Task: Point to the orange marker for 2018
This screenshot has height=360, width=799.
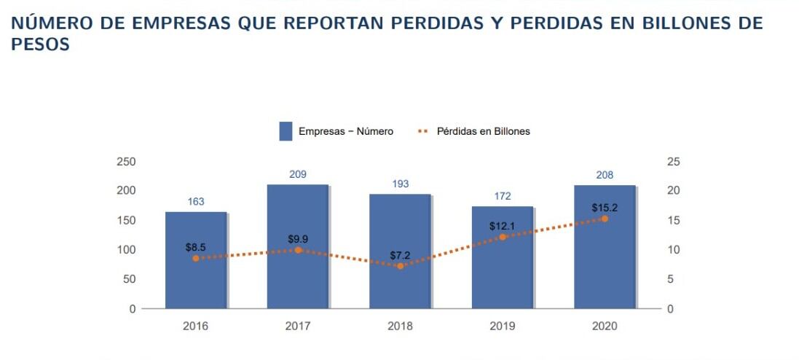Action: (x=400, y=266)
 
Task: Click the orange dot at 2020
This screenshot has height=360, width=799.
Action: (x=605, y=219)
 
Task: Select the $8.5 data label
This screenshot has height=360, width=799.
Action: (x=195, y=247)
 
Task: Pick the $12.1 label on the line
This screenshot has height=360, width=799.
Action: (x=502, y=225)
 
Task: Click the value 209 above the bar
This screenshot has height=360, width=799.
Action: (x=297, y=174)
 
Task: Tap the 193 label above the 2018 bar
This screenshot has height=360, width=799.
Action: (x=400, y=184)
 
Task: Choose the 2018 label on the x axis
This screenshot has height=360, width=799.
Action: (x=400, y=326)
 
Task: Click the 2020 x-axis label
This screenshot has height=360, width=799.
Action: (x=605, y=326)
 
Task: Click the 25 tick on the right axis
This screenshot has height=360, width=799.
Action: (x=673, y=161)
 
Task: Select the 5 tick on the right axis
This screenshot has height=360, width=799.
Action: (x=670, y=279)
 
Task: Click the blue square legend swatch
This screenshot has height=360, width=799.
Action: (x=286, y=131)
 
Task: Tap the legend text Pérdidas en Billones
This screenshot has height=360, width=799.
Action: (x=483, y=131)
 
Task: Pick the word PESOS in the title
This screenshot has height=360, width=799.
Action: (x=41, y=44)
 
